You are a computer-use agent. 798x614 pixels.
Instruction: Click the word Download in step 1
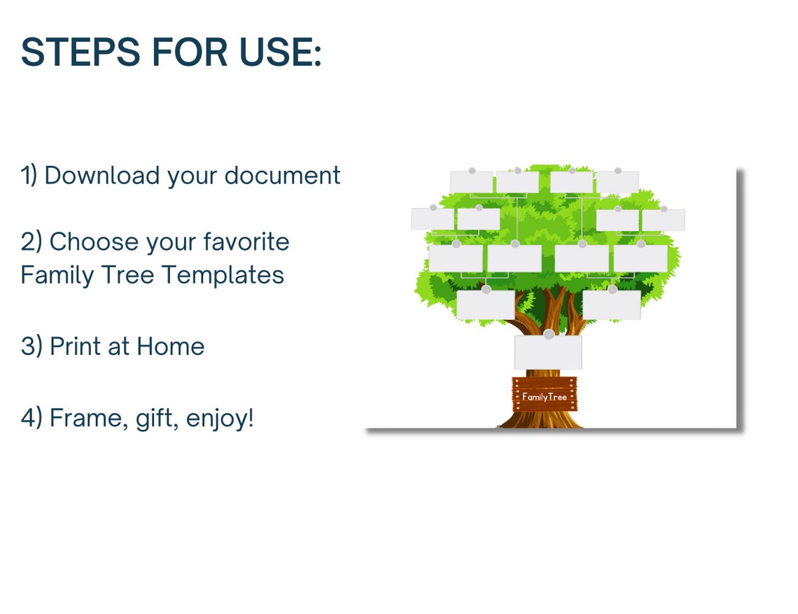click(x=102, y=175)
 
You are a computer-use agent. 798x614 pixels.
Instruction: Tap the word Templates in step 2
click(x=223, y=274)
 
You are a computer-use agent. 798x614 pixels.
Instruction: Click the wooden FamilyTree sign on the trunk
click(x=544, y=396)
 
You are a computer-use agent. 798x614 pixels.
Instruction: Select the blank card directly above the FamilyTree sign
click(x=547, y=354)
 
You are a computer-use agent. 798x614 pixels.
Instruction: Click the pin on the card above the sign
click(x=548, y=335)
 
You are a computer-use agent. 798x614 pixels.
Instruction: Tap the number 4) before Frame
click(x=31, y=418)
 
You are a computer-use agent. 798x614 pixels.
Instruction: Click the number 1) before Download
click(x=29, y=175)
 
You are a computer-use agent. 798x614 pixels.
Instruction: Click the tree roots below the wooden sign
click(x=542, y=420)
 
